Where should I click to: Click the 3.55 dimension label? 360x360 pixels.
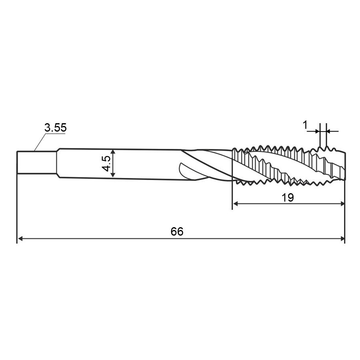tap(55, 128)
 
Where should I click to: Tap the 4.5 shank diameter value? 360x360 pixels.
tap(106, 163)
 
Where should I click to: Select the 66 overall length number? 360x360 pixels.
tap(177, 232)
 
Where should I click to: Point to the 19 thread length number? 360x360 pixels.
tap(288, 198)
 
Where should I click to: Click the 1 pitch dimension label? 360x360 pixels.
tap(305, 125)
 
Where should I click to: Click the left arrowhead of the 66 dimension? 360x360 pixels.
tap(20, 239)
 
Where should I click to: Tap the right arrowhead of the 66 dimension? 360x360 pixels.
tap(342, 239)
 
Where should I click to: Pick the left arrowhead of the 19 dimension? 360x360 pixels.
tap(236, 204)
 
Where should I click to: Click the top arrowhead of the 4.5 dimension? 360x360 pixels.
tap(113, 152)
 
